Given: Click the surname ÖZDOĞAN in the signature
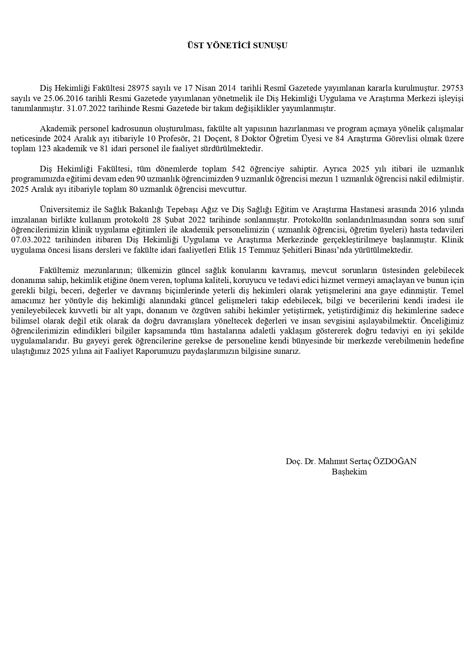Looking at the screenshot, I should (x=395, y=461).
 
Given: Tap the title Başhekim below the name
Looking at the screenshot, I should (x=349, y=471).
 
